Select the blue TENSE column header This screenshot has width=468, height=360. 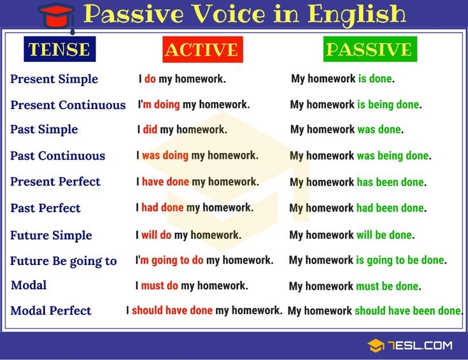(59, 49)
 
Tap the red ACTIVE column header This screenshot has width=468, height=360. (201, 50)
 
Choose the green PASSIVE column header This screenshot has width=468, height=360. (369, 50)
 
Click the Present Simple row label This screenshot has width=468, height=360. (54, 79)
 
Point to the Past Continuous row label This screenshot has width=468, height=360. (57, 155)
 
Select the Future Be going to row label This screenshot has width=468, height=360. (64, 261)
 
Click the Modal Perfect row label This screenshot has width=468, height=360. (51, 311)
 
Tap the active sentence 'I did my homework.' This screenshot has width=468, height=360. (182, 129)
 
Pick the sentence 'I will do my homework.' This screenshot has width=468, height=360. (188, 235)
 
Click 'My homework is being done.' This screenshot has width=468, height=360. (356, 104)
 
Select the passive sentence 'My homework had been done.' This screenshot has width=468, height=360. (358, 208)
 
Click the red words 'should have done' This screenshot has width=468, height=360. (172, 310)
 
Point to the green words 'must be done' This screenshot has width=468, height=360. (388, 286)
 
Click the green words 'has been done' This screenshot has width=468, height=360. (390, 182)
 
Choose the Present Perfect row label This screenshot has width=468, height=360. (55, 182)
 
